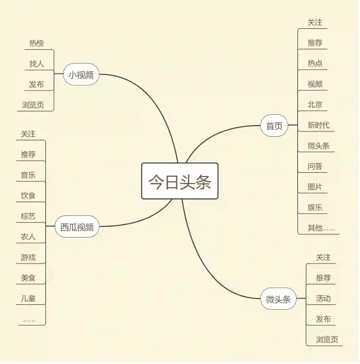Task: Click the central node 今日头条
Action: [x=179, y=181]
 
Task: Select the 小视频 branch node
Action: [x=81, y=75]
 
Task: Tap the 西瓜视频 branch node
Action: [x=77, y=227]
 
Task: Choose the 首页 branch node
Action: [x=274, y=126]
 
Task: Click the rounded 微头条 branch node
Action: [x=278, y=299]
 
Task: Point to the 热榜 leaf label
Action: [x=37, y=43]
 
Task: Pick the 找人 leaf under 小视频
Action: [x=37, y=64]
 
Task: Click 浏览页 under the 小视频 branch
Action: [x=33, y=105]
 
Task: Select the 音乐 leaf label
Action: [x=28, y=175]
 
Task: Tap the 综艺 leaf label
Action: [x=28, y=216]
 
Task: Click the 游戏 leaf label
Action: [x=28, y=257]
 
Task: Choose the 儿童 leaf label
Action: [x=28, y=298]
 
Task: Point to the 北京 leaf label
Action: [x=315, y=104]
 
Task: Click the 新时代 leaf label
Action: [x=319, y=125]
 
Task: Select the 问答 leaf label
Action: [x=315, y=166]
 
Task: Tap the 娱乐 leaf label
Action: [x=315, y=207]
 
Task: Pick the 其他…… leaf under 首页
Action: [x=321, y=228]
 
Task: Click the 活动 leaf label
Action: [x=323, y=298]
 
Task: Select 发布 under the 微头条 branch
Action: [x=323, y=319]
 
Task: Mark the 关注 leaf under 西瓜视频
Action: [x=28, y=134]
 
